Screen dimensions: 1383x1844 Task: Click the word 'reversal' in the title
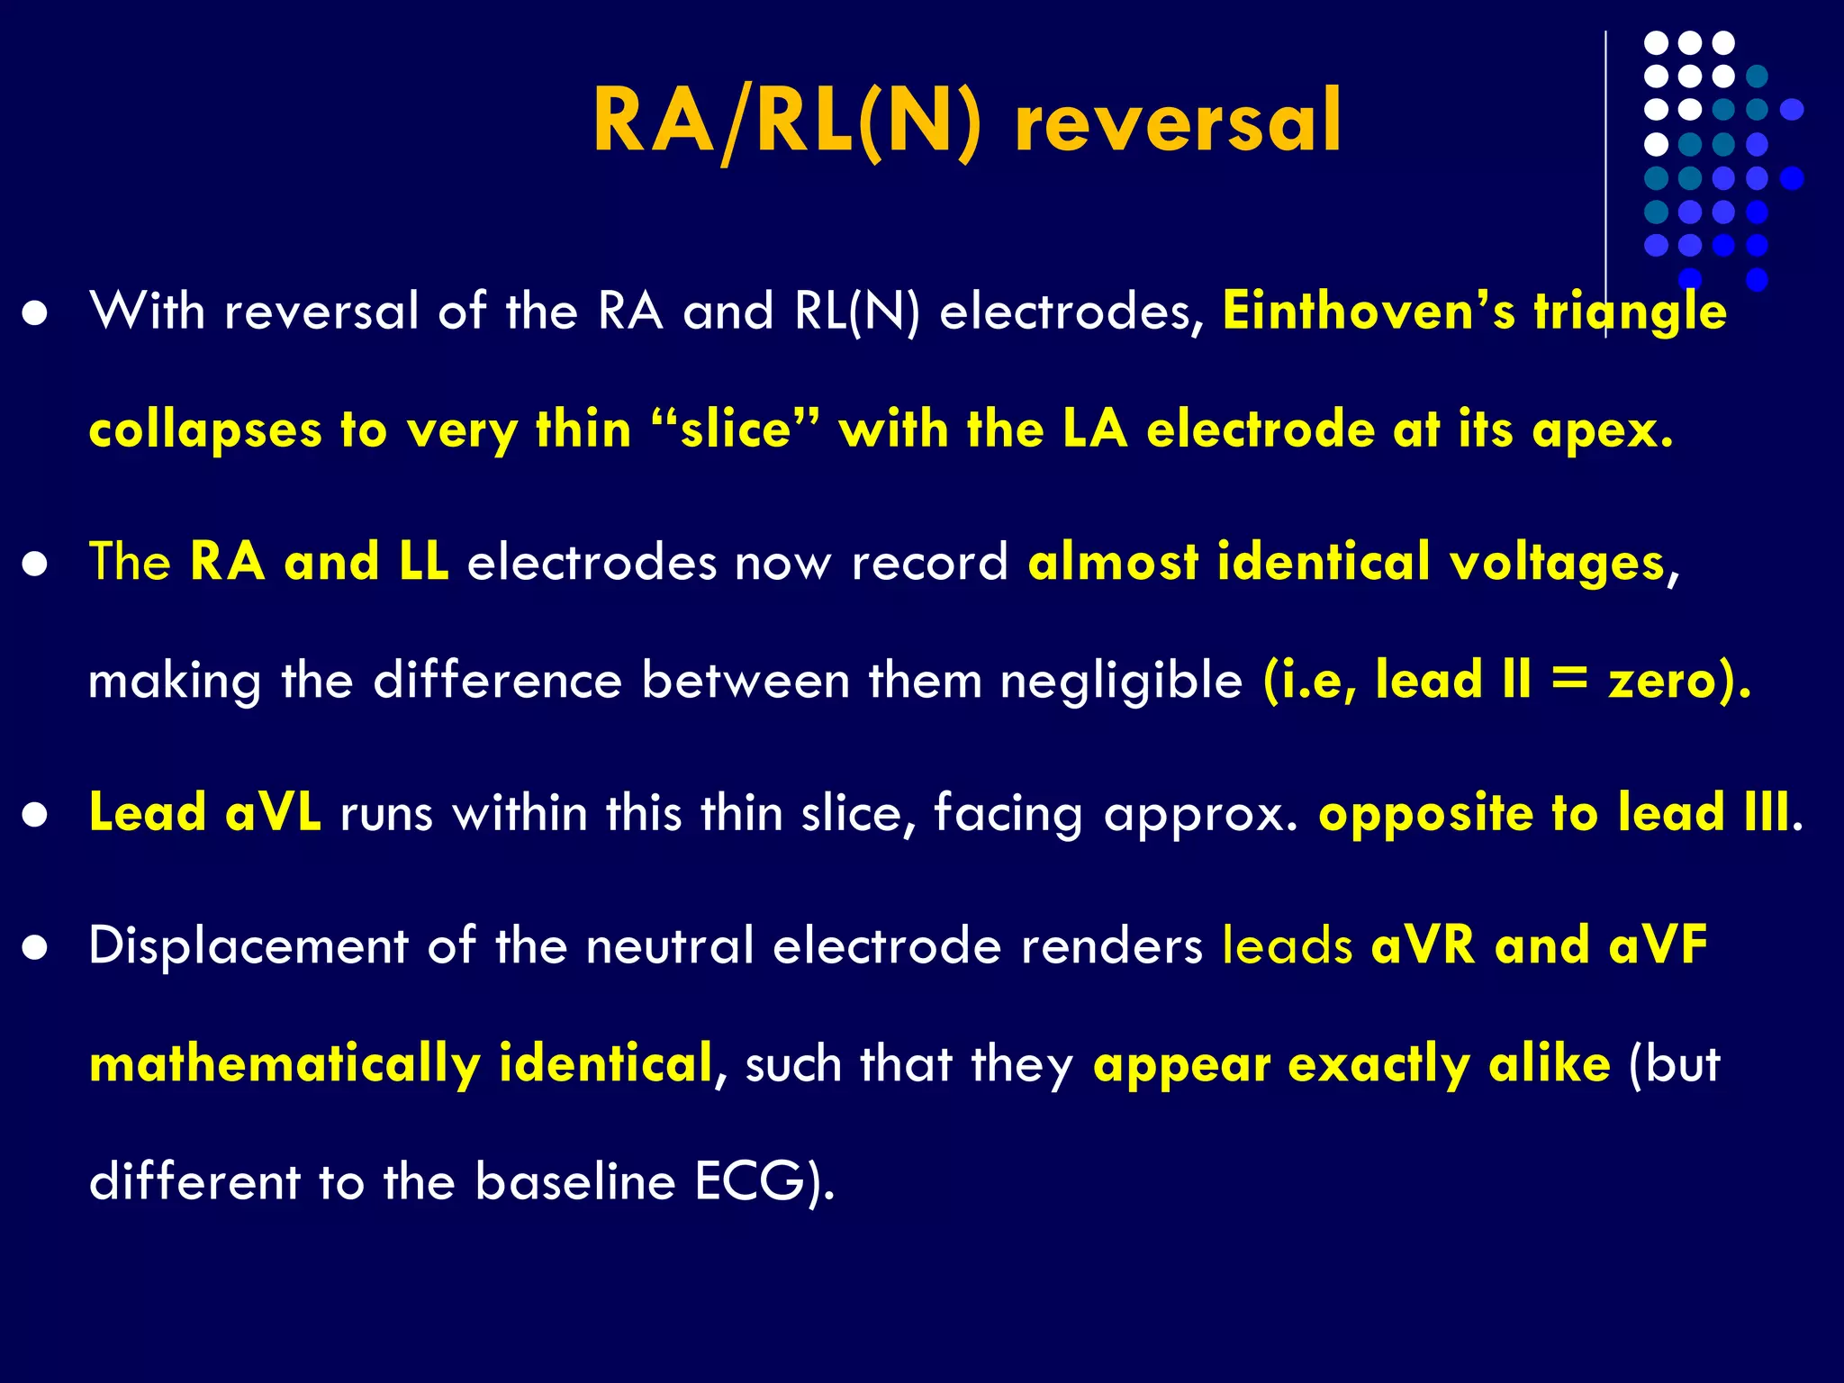pyautogui.click(x=1178, y=122)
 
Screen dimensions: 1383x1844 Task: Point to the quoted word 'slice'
pyautogui.click(x=736, y=429)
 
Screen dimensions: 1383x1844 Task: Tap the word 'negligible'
pyautogui.click(x=1121, y=681)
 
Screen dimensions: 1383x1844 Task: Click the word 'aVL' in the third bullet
pyautogui.click(x=273, y=812)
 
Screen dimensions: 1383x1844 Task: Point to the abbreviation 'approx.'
pyautogui.click(x=1200, y=814)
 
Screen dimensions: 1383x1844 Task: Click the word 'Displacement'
pyautogui.click(x=249, y=946)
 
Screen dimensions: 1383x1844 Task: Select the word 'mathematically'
pyautogui.click(x=285, y=1065)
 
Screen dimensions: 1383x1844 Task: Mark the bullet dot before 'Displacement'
pyautogui.click(x=35, y=948)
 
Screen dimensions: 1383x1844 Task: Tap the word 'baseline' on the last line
pyautogui.click(x=574, y=1181)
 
